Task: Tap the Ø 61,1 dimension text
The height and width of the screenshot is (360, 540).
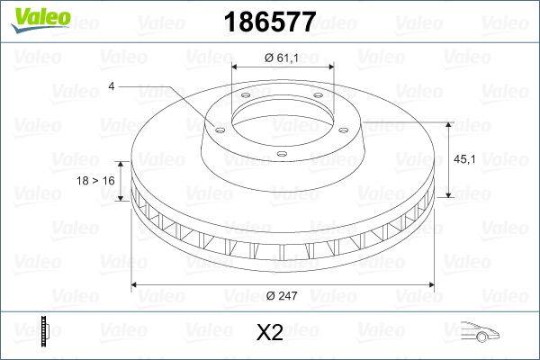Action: click(283, 58)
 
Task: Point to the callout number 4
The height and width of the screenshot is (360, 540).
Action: click(111, 87)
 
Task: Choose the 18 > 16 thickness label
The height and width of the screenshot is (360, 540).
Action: click(96, 181)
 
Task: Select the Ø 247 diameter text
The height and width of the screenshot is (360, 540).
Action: click(283, 293)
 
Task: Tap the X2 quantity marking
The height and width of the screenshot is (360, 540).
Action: click(270, 333)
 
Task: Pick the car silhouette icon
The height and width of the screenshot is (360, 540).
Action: click(476, 333)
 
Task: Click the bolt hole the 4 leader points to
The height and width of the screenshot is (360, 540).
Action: click(216, 128)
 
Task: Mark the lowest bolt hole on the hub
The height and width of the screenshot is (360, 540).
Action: click(281, 155)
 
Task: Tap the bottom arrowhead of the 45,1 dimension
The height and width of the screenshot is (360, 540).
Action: click(448, 196)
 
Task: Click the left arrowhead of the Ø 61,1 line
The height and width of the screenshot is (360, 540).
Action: click(236, 67)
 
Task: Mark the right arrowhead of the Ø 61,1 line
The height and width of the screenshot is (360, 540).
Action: click(330, 67)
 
